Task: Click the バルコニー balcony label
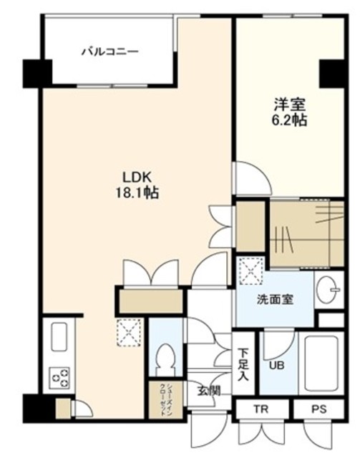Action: tap(110, 52)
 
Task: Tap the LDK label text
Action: tap(137, 177)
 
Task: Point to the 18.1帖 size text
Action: tap(137, 193)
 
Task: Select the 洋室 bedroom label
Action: tap(290, 104)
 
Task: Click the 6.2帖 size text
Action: tap(290, 120)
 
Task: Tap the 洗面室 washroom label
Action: tap(275, 300)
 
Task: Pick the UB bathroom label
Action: tap(276, 365)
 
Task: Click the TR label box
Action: tap(261, 409)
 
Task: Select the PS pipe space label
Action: tap(318, 409)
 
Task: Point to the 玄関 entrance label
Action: tap(209, 391)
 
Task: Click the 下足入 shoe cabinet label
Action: tap(243, 364)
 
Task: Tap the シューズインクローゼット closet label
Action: tap(165, 399)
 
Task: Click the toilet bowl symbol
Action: tap(165, 360)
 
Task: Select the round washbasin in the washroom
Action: tap(328, 290)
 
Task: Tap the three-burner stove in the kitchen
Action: tap(59, 378)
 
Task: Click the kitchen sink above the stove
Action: tap(59, 337)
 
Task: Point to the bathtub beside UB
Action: tap(321, 364)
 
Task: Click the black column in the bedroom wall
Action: tap(331, 73)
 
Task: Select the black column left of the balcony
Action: tap(37, 73)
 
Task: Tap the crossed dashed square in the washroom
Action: tap(251, 271)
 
